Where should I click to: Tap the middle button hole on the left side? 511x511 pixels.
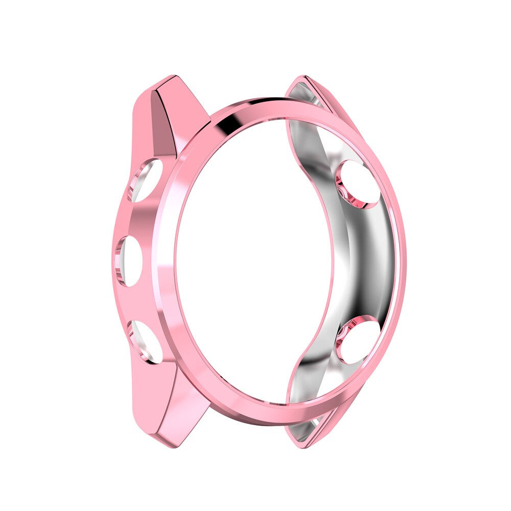pos(129,259)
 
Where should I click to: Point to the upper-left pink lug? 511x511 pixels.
pos(158,118)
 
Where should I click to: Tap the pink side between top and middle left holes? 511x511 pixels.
pos(130,220)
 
